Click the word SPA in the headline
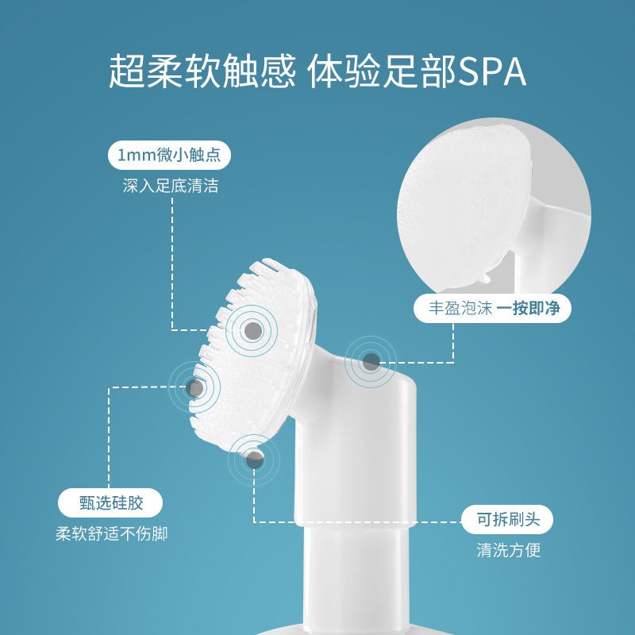point(492,71)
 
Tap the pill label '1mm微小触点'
point(169,155)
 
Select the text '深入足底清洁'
point(171,186)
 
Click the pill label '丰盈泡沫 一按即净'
point(492,308)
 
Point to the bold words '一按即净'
point(528,308)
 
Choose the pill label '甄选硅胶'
point(110,502)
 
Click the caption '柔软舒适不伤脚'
point(111,533)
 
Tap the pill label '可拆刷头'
point(507,519)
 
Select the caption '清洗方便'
point(508,550)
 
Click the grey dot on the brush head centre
point(252,331)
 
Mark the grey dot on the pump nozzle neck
point(371,362)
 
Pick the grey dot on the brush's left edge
point(194,388)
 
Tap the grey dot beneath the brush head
point(254,460)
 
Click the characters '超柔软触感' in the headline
point(202,71)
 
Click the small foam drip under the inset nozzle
point(483,279)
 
